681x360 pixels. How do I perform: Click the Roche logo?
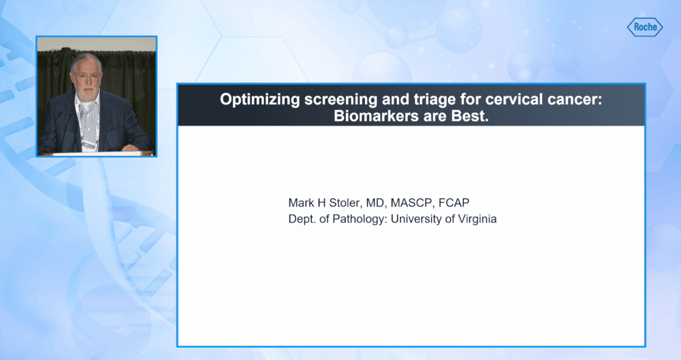click(x=645, y=27)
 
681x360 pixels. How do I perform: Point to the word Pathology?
click(x=359, y=219)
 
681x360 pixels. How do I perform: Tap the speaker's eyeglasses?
click(x=86, y=76)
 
